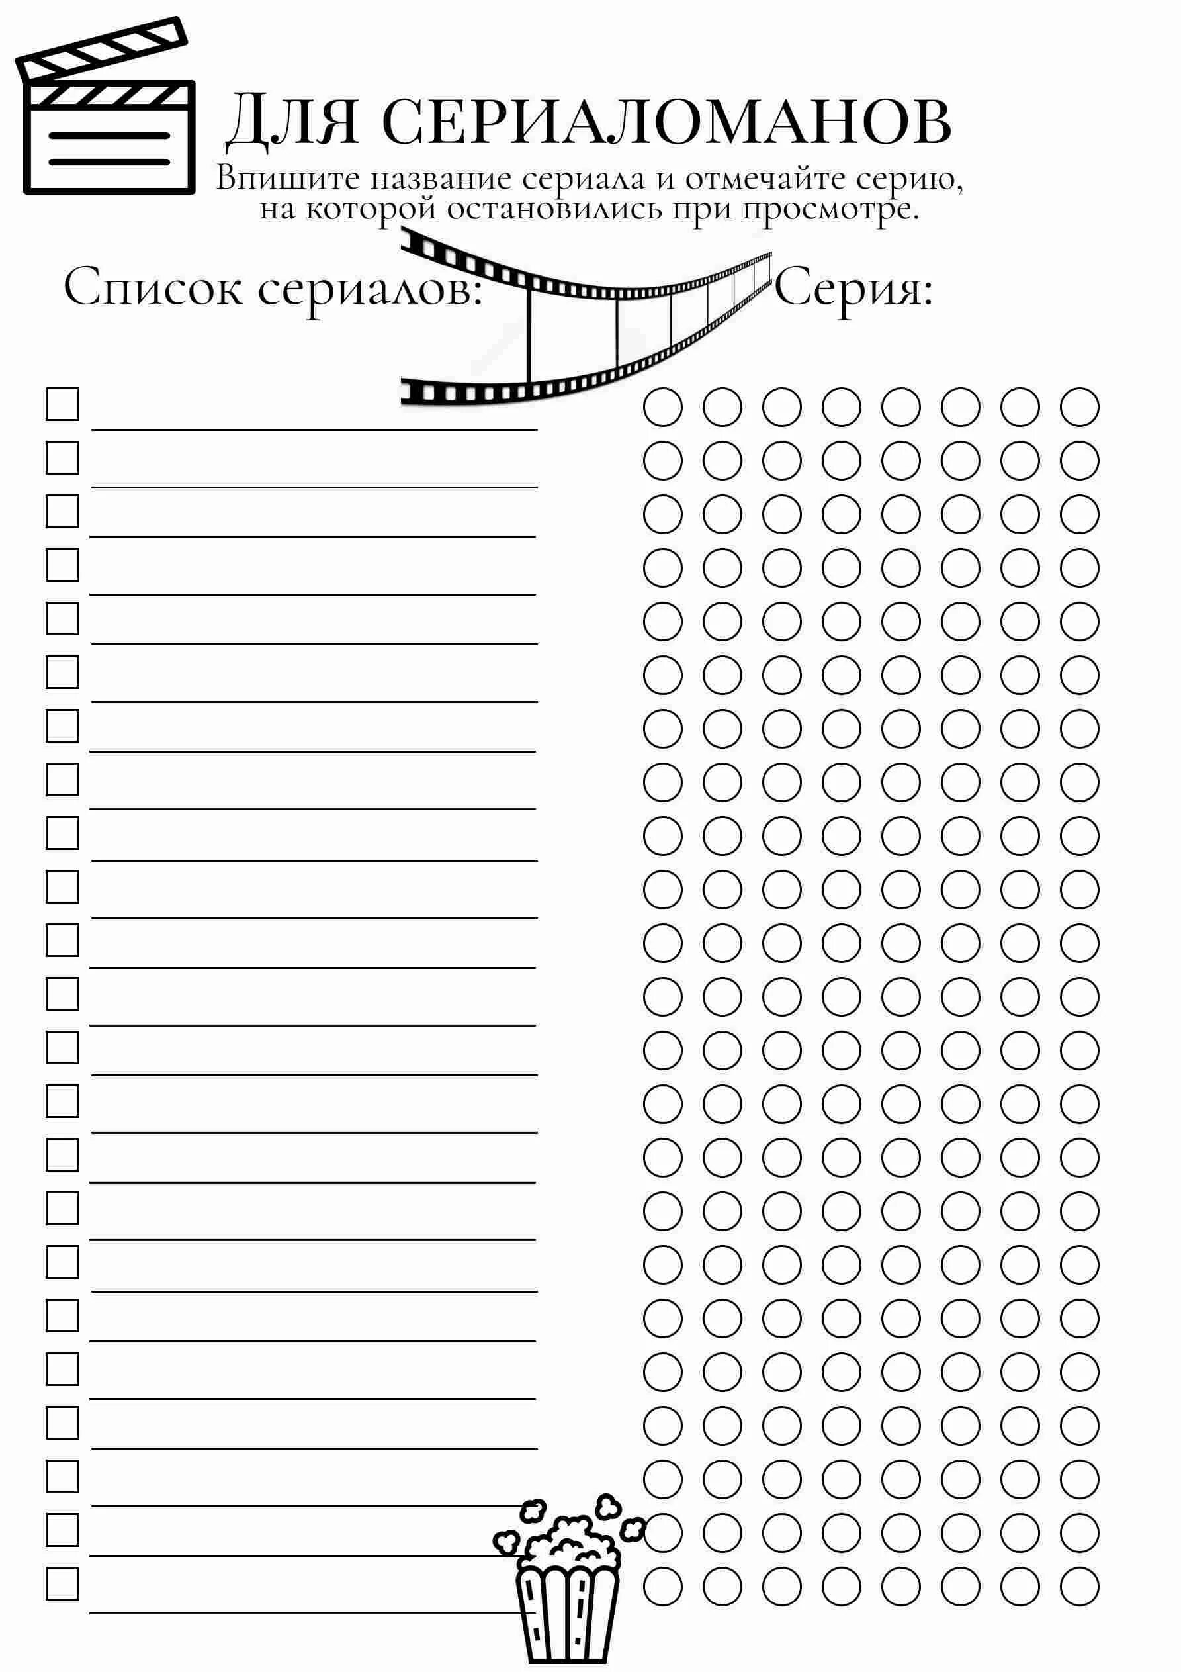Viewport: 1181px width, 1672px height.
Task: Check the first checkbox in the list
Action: pyautogui.click(x=63, y=404)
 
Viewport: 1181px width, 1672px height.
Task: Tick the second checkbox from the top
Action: pyautogui.click(x=63, y=458)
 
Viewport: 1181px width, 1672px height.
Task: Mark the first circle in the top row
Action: pyautogui.click(x=662, y=406)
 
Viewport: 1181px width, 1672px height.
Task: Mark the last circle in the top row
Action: pyautogui.click(x=1079, y=406)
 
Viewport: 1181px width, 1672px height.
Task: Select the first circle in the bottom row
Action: pyautogui.click(x=662, y=1586)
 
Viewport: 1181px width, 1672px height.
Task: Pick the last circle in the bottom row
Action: pyautogui.click(x=1079, y=1586)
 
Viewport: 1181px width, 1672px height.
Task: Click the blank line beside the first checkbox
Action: pyautogui.click(x=314, y=419)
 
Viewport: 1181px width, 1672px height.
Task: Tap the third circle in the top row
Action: pyautogui.click(x=782, y=406)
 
